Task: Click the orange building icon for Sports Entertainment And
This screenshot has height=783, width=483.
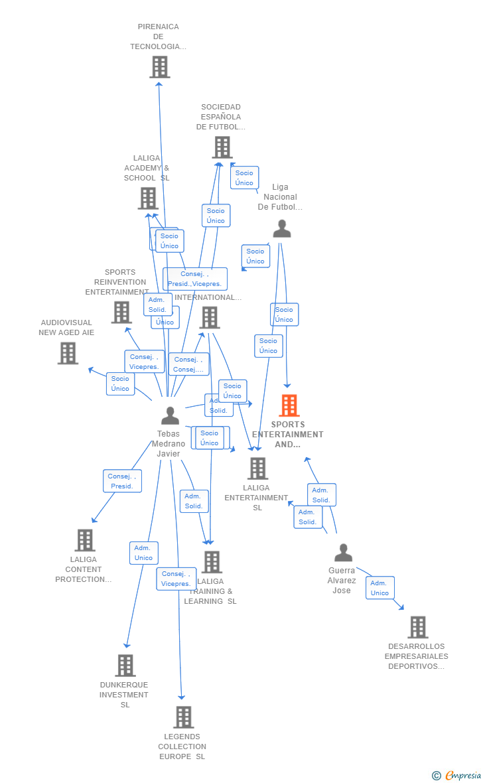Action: [x=289, y=405]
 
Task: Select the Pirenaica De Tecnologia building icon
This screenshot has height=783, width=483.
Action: [x=159, y=67]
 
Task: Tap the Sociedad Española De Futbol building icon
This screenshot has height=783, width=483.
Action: [x=222, y=147]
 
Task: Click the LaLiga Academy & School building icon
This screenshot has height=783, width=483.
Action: [x=147, y=198]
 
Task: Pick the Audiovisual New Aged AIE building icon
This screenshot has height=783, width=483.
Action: [x=68, y=353]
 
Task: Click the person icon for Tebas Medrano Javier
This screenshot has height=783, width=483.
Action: [x=170, y=416]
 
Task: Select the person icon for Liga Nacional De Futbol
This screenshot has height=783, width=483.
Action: [x=281, y=229]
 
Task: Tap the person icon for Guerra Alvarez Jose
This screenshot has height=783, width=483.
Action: [x=343, y=553]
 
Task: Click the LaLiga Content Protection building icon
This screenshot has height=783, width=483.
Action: [x=85, y=540]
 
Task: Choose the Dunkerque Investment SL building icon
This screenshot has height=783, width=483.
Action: [x=125, y=665]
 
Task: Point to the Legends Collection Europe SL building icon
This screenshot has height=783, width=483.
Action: [x=183, y=717]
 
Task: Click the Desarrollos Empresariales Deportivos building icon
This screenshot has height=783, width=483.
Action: [x=417, y=627]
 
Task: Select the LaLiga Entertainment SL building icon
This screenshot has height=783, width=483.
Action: [x=257, y=468]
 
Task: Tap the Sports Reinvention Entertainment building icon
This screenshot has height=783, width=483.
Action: [x=121, y=312]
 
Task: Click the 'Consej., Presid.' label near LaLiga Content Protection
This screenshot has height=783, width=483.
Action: [x=122, y=481]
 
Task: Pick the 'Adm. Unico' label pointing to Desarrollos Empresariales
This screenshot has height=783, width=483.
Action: [x=379, y=588]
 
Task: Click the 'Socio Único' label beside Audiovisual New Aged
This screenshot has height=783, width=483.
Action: [x=120, y=384]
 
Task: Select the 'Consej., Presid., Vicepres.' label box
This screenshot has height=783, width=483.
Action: [x=195, y=279]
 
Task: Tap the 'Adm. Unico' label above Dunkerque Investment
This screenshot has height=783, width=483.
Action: [x=143, y=553]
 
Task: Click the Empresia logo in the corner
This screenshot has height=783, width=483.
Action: [x=457, y=775]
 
